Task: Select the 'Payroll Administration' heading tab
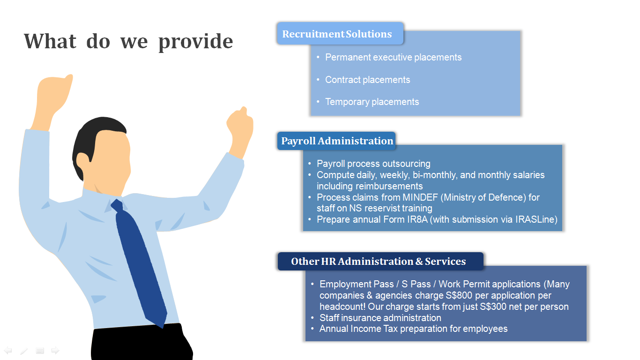336,141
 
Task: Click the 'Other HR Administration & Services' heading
379,262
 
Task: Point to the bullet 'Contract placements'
367,80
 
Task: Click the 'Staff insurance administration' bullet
380,318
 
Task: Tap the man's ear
83,163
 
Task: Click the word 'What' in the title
50,41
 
